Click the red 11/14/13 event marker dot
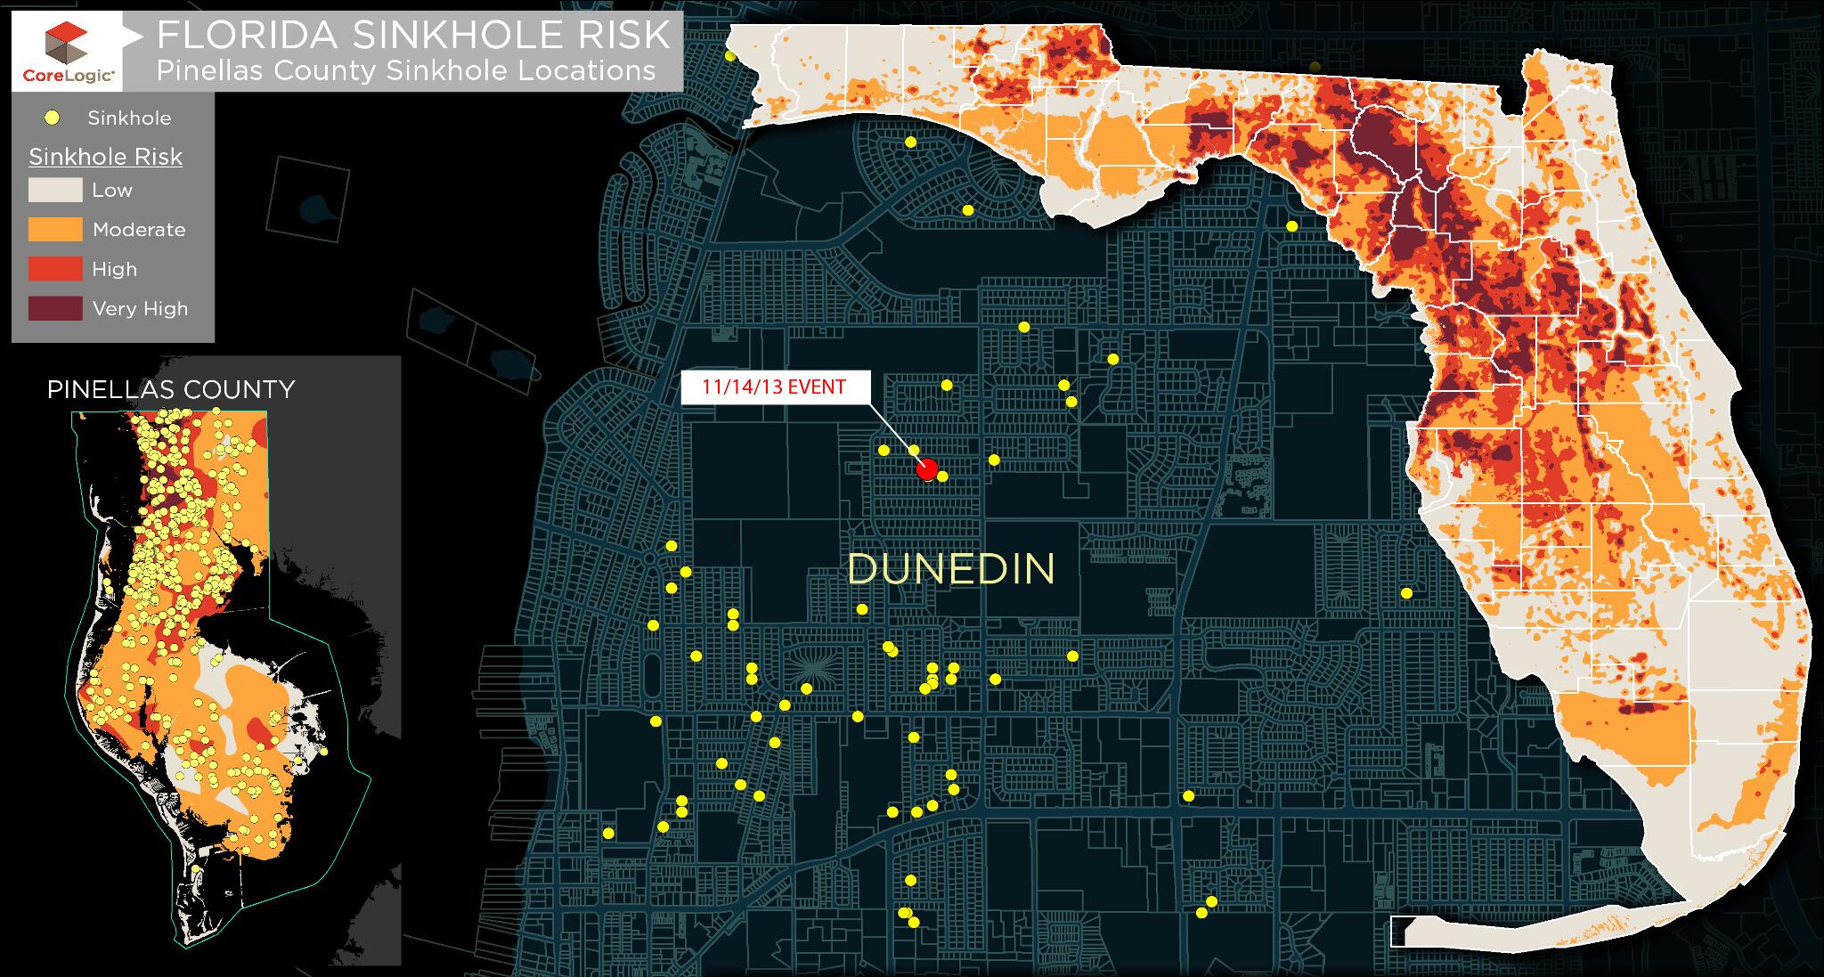tap(926, 469)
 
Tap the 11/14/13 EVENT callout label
tap(772, 387)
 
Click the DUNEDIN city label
tap(951, 569)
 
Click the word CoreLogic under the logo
tap(68, 77)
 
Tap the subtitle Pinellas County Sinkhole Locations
tap(406, 70)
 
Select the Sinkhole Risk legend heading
tap(105, 158)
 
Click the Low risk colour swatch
tap(55, 190)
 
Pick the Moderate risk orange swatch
tap(55, 230)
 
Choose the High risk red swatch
tap(55, 269)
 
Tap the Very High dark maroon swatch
tap(55, 309)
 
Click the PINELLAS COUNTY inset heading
tap(170, 389)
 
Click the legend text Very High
tap(140, 309)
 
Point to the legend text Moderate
tap(139, 230)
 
